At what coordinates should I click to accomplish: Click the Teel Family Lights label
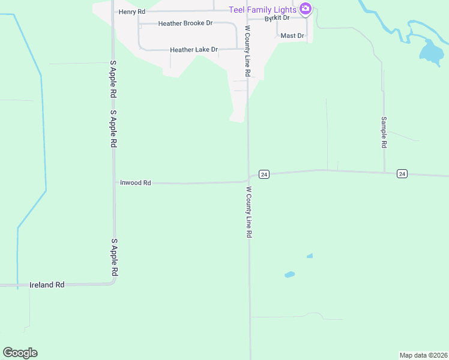[262, 10]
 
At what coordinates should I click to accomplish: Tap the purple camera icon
[306, 8]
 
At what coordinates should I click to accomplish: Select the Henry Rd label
[132, 11]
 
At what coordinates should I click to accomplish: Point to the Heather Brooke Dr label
[185, 23]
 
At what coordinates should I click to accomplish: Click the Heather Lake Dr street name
[193, 50]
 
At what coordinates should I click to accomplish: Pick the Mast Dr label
[292, 36]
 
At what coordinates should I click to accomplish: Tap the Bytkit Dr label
[277, 18]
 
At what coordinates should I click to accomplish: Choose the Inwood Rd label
[135, 182]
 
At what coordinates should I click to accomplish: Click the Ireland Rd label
[47, 285]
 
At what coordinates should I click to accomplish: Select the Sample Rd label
[384, 132]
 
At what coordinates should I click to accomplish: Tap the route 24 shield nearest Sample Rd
[402, 174]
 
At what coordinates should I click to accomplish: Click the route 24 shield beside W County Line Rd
[264, 174]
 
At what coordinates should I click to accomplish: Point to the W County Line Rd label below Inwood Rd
[248, 212]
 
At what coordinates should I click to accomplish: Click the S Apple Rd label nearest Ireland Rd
[113, 258]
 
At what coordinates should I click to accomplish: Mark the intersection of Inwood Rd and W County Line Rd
[249, 179]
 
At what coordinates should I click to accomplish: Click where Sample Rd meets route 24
[384, 173]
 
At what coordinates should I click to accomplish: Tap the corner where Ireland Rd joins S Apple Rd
[113, 283]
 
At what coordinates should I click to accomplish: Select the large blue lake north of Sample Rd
[430, 53]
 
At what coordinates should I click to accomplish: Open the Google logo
[20, 353]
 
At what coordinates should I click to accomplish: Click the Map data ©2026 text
[423, 355]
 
